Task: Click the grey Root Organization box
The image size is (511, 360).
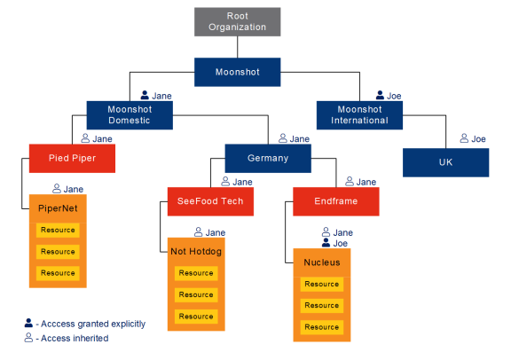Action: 237,22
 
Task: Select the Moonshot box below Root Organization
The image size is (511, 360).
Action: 237,72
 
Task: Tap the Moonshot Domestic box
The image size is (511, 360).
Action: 130,115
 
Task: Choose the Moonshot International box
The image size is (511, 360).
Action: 359,115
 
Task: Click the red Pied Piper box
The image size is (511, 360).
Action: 72,159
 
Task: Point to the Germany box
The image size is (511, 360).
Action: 268,159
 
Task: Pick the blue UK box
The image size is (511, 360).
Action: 446,162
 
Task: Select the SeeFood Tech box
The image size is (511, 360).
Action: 210,201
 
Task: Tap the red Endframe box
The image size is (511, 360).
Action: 336,201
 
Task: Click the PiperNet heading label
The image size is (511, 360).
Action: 58,208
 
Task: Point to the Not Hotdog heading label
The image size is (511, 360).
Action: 196,252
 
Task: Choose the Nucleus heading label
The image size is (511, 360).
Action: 322,262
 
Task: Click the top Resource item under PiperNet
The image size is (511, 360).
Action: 58,230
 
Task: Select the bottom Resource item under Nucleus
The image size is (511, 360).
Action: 322,327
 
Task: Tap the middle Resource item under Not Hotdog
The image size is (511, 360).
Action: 196,295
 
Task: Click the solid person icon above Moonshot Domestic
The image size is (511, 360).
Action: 145,95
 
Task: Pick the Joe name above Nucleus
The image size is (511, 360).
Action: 341,243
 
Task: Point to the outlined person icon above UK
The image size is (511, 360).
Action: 464,138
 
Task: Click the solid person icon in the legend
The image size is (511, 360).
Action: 28,323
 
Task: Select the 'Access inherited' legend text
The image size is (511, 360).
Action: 75,338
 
